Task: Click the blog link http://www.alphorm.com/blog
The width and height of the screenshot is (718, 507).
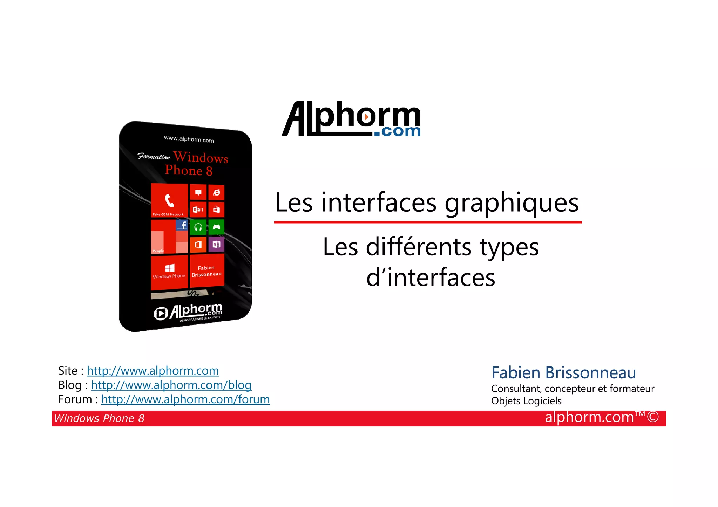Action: (x=171, y=385)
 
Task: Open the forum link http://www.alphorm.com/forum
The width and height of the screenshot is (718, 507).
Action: (x=185, y=399)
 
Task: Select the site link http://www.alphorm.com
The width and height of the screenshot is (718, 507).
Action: (x=153, y=371)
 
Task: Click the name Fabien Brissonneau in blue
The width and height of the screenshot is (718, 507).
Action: (x=563, y=372)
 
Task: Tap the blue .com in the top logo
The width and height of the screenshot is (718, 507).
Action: (x=397, y=131)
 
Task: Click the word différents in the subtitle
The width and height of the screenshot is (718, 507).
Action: (x=419, y=247)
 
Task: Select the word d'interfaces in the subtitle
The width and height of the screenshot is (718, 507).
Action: (x=431, y=278)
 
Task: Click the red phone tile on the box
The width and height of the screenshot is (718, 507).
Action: (x=169, y=201)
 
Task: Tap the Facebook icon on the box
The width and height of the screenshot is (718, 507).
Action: (x=182, y=225)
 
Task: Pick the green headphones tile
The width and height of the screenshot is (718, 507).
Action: (x=198, y=227)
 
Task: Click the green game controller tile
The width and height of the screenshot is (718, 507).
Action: (x=216, y=227)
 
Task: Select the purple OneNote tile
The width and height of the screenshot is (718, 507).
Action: (x=216, y=244)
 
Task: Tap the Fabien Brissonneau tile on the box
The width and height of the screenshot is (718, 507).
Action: (x=206, y=271)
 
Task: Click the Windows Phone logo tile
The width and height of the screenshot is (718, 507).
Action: (x=169, y=271)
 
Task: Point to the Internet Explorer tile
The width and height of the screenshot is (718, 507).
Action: (x=217, y=192)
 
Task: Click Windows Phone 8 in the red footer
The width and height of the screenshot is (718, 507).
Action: (x=99, y=418)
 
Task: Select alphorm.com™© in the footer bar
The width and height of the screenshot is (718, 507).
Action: (x=602, y=417)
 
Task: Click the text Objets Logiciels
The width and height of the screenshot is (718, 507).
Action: (x=526, y=401)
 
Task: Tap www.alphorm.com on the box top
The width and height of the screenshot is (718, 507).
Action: (x=189, y=139)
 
